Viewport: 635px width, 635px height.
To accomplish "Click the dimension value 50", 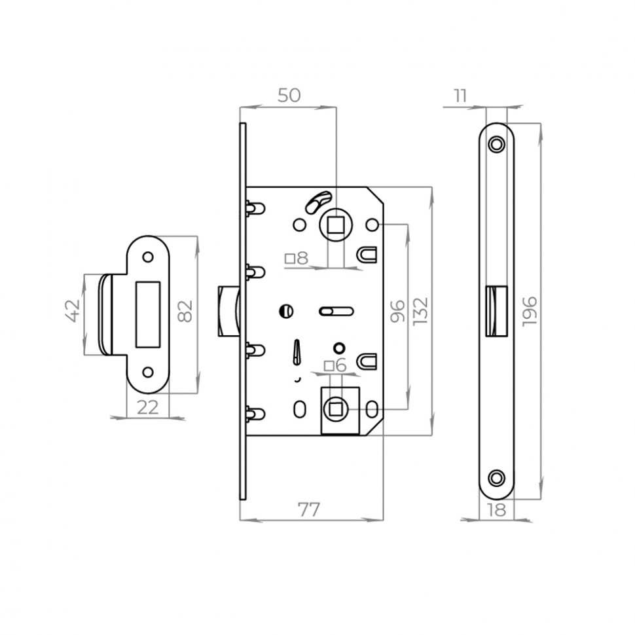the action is (x=289, y=96).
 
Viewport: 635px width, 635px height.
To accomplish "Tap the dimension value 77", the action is (x=309, y=510).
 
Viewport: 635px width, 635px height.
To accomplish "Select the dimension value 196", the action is (x=530, y=310).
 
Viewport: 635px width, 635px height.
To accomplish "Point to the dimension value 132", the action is (x=420, y=311).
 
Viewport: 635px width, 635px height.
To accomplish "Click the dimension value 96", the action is (x=397, y=311).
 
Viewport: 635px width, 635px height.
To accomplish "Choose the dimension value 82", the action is (x=185, y=311).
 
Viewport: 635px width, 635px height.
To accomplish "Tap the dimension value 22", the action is (x=148, y=407).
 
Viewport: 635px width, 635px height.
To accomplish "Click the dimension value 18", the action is (x=496, y=510).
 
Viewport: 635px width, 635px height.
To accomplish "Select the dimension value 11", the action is (x=460, y=96).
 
